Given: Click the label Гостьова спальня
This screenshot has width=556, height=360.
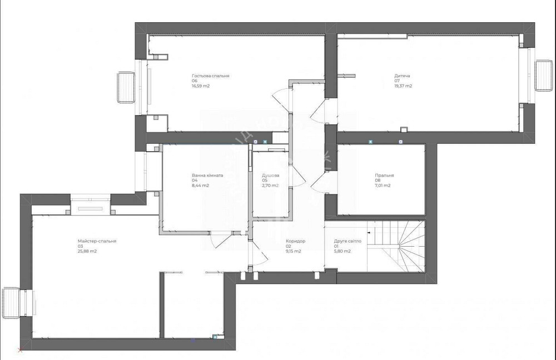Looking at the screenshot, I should point(211,76).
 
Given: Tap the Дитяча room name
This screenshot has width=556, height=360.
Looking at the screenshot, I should point(403,76).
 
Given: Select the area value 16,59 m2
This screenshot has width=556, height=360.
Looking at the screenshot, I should point(201,86).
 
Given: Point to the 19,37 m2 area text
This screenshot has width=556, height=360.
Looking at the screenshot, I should point(404,86).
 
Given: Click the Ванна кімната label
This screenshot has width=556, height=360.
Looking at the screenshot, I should point(207,176).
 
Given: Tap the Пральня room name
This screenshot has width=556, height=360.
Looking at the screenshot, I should point(384,176).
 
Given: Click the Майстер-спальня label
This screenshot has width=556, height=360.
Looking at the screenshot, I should point(97,241).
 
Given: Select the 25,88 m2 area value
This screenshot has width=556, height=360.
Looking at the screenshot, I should point(87,251).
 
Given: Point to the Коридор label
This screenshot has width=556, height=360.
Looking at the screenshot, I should point(296,241).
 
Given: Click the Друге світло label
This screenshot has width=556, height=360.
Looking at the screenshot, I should point(348,241).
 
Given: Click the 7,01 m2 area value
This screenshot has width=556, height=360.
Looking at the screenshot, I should point(383,186).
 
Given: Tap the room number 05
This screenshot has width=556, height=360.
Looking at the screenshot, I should point(265,181).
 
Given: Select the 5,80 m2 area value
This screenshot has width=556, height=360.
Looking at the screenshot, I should point(342,251).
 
